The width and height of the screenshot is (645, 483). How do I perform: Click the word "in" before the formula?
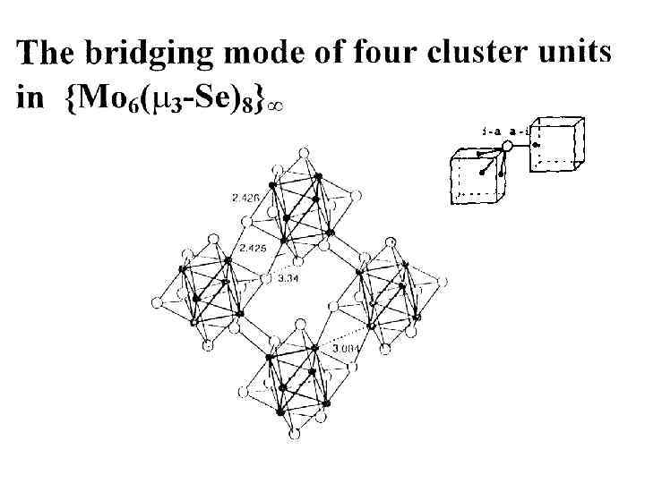30,98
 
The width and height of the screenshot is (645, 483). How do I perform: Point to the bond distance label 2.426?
246,195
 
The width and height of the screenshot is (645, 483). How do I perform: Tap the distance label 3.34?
288,280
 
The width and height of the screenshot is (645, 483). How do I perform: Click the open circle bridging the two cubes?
507,148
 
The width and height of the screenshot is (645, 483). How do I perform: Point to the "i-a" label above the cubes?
490,131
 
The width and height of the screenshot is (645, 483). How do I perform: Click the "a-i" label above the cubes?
520,131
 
